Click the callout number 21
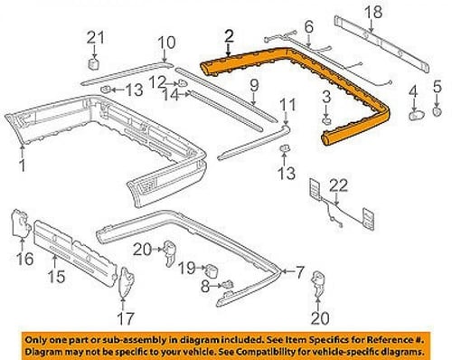(96, 38)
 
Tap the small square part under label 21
(94, 63)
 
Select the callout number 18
(373, 12)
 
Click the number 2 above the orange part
(229, 36)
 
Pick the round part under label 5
(438, 111)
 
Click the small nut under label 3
(326, 121)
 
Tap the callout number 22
(338, 185)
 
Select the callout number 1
(22, 166)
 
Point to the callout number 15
(56, 276)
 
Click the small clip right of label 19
(212, 270)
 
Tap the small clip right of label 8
(228, 284)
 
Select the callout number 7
(299, 272)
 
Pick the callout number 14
(171, 96)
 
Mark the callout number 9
(254, 86)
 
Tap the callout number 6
(309, 27)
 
